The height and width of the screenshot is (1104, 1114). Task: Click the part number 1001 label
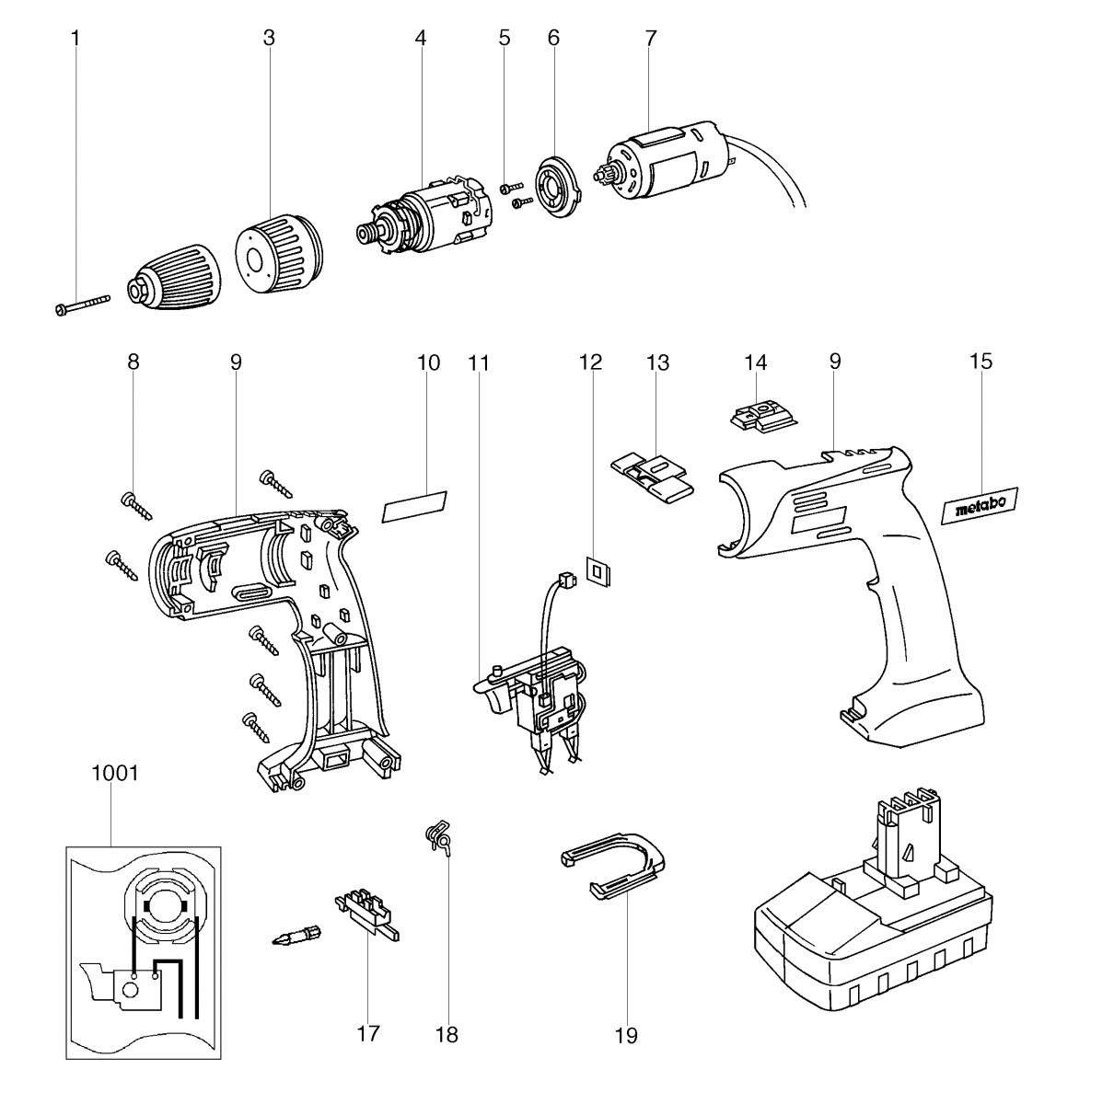[115, 773]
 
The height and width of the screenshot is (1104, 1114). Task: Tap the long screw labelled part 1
[79, 305]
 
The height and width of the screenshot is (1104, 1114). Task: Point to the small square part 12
[599, 571]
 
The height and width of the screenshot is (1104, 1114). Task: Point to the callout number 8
[133, 362]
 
